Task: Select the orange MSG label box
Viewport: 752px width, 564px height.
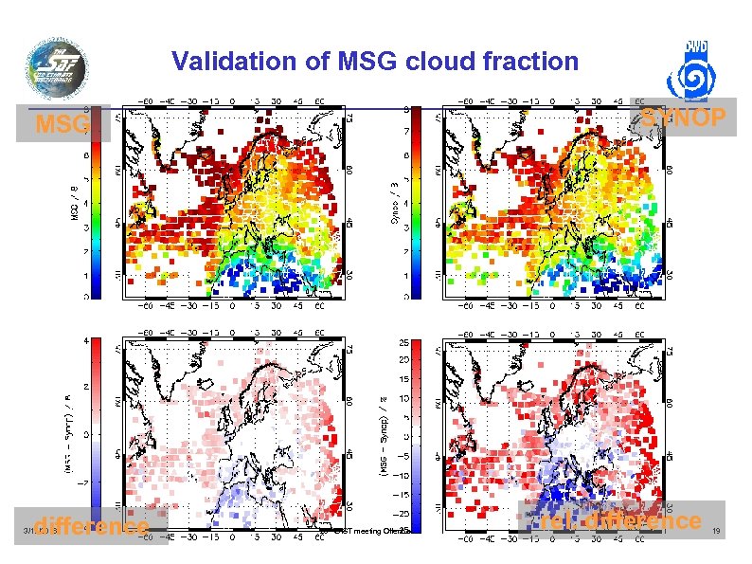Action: pos(63,125)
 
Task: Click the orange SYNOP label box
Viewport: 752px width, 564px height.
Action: pos(682,117)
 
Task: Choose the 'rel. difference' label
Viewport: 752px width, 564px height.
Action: pos(620,520)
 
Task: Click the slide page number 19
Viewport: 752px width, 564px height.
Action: pos(716,532)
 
